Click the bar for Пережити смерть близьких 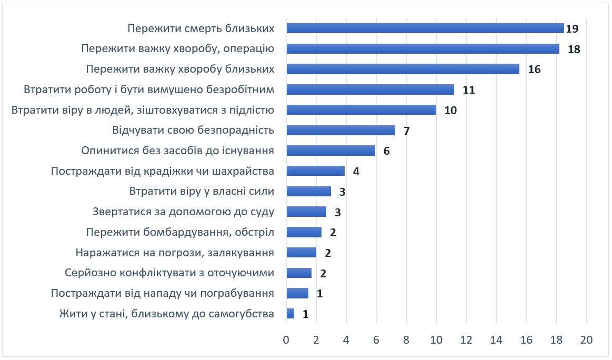pos(425,28)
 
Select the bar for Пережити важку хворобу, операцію pos(423,49)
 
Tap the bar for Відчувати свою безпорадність pos(340,130)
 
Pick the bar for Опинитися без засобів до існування pos(330,151)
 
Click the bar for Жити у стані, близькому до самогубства pos(290,314)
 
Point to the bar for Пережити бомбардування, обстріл pos(304,232)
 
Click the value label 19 pos(572,28)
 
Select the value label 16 pos(534,69)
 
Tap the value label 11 pos(469,90)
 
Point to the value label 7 pos(407,131)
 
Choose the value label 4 pos(356,172)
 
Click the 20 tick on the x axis pos(586,340)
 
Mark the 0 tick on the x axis pos(286,340)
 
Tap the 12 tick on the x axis pos(466,340)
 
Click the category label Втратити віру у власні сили pos(202,191)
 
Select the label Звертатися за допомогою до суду pos(183,212)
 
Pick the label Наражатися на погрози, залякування pos(175,253)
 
